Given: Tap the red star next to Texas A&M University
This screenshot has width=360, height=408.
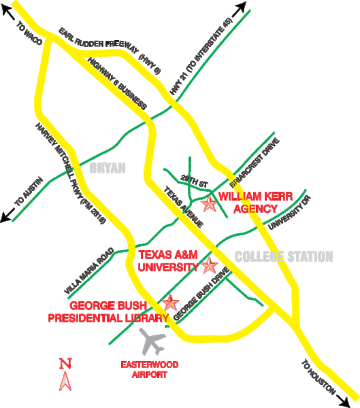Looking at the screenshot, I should pyautogui.click(x=210, y=265).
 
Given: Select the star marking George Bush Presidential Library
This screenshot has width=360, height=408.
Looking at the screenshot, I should pyautogui.click(x=169, y=303).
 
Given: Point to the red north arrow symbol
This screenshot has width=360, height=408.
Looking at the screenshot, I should pyautogui.click(x=65, y=375).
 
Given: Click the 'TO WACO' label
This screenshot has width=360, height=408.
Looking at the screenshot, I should pyautogui.click(x=29, y=37).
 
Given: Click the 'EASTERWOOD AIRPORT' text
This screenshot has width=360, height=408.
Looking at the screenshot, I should pyautogui.click(x=149, y=369).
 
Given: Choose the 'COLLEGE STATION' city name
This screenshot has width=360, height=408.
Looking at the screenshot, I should pyautogui.click(x=283, y=257).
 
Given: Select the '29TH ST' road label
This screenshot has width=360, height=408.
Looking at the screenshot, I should pyautogui.click(x=193, y=182).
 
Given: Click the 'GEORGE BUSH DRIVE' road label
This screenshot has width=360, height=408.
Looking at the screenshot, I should pyautogui.click(x=201, y=297).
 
